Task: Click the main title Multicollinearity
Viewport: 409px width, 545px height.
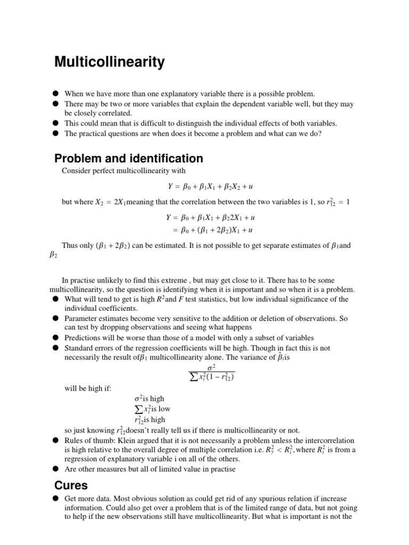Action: pyautogui.click(x=110, y=63)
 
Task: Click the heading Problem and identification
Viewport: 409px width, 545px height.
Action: pyautogui.click(x=129, y=158)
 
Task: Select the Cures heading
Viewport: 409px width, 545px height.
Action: pyautogui.click(x=71, y=485)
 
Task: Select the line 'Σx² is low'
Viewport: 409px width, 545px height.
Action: pyautogui.click(x=152, y=409)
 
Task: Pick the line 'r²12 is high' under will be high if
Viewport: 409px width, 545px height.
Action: pyautogui.click(x=150, y=419)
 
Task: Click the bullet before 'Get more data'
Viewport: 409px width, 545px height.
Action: pyautogui.click(x=55, y=498)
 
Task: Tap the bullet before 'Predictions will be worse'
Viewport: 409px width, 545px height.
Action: pyautogui.click(x=55, y=337)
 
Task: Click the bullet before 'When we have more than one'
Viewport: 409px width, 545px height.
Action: pyautogui.click(x=55, y=93)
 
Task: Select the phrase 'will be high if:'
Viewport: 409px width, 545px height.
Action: pyautogui.click(x=87, y=388)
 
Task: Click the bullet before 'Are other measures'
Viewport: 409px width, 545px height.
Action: pyautogui.click(x=55, y=469)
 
